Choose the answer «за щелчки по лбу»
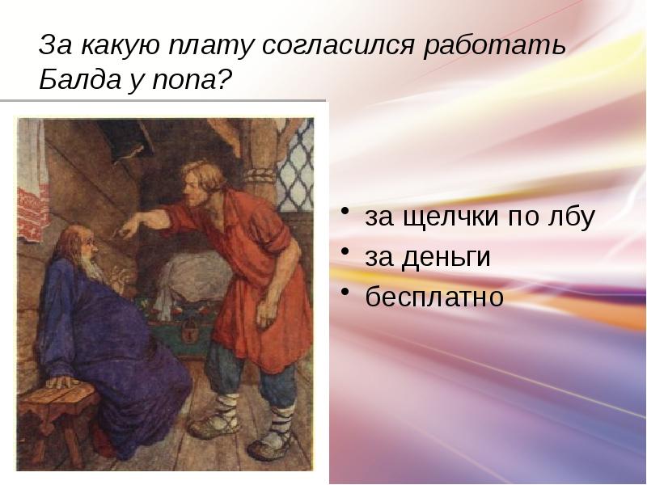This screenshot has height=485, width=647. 480,217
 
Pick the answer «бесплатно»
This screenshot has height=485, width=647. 434,297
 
